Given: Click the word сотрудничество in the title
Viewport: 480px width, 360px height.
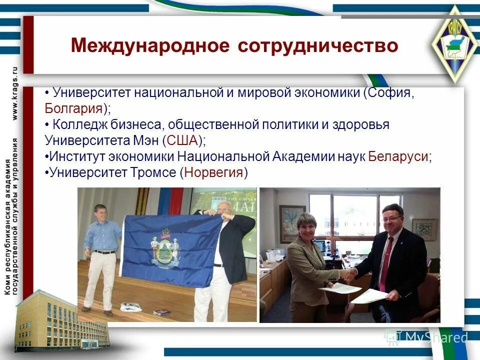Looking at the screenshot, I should (x=317, y=46).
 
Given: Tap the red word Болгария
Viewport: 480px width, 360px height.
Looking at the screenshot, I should (x=73, y=108).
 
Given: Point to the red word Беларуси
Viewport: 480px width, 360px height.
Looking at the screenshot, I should (x=398, y=156).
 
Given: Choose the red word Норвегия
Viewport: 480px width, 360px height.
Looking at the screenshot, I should (x=214, y=172).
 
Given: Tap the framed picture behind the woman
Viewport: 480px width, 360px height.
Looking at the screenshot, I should (x=292, y=220).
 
